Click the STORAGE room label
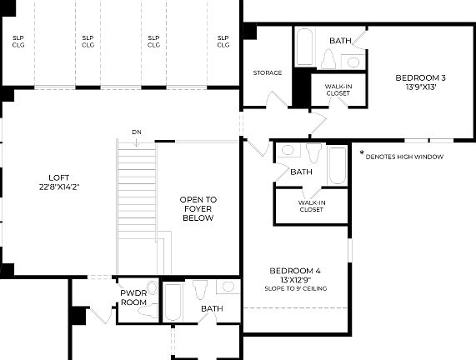pos(267,72)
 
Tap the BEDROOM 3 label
pos(420,78)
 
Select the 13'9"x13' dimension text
pos(420,87)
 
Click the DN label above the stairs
pos(136,132)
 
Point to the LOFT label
pos(58,177)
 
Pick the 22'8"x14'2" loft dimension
pos(58,186)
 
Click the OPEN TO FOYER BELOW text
pos(198,208)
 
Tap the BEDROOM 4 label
pos(295,271)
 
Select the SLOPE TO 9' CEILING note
pos(295,288)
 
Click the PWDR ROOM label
pos(134,297)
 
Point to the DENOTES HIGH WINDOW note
pos(404,157)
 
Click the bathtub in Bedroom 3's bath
pos(304,47)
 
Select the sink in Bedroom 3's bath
pos(353,61)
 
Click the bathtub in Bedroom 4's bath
pos(336,165)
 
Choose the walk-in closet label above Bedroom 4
pos(311,205)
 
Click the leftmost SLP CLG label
pos(18,41)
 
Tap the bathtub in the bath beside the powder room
pos(173,302)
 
